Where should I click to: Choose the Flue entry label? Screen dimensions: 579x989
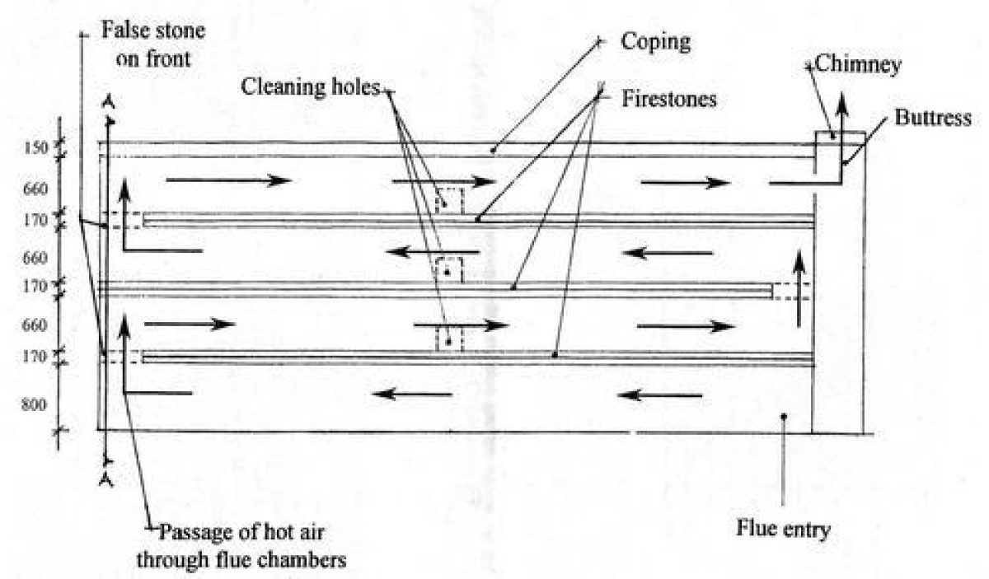(x=783, y=527)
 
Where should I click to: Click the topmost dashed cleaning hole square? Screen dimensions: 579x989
(x=449, y=201)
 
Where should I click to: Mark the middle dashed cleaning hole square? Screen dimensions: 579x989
(x=449, y=269)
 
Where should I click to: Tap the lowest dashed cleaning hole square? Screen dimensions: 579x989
(x=449, y=339)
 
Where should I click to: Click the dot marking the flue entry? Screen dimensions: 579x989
(x=784, y=417)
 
